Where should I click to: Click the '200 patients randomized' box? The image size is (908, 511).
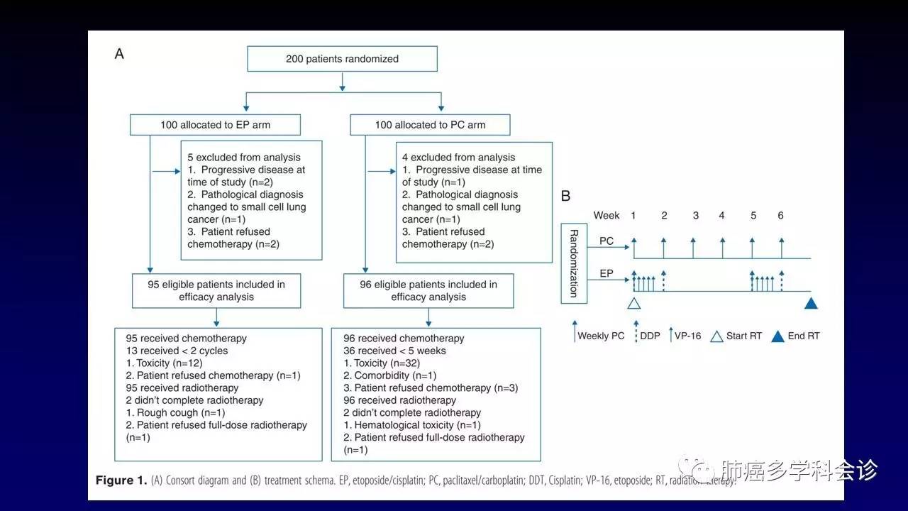pyautogui.click(x=342, y=59)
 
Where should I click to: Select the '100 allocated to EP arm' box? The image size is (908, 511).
pyautogui.click(x=215, y=125)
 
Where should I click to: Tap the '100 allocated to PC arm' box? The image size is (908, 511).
pyautogui.click(x=430, y=125)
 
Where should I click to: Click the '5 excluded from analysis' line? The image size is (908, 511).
pyautogui.click(x=243, y=158)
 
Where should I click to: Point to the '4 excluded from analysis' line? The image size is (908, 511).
pyautogui.click(x=458, y=158)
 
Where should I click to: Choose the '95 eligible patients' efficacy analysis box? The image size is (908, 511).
pyautogui.click(x=216, y=290)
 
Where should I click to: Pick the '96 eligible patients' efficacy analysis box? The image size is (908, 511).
pyautogui.click(x=428, y=290)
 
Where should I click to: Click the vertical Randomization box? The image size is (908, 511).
pyautogui.click(x=573, y=263)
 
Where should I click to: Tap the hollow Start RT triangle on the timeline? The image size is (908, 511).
pyautogui.click(x=634, y=303)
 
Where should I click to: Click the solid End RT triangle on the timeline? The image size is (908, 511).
pyautogui.click(x=812, y=303)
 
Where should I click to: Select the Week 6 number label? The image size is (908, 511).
pyautogui.click(x=780, y=215)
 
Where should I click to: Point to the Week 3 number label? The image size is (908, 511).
pyautogui.click(x=695, y=215)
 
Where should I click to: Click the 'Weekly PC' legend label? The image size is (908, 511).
pyautogui.click(x=601, y=336)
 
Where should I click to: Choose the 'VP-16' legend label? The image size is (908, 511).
pyautogui.click(x=688, y=336)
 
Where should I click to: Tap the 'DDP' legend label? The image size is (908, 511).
pyautogui.click(x=650, y=336)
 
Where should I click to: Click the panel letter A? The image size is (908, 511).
pyautogui.click(x=119, y=54)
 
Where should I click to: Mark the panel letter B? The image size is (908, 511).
pyautogui.click(x=566, y=196)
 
